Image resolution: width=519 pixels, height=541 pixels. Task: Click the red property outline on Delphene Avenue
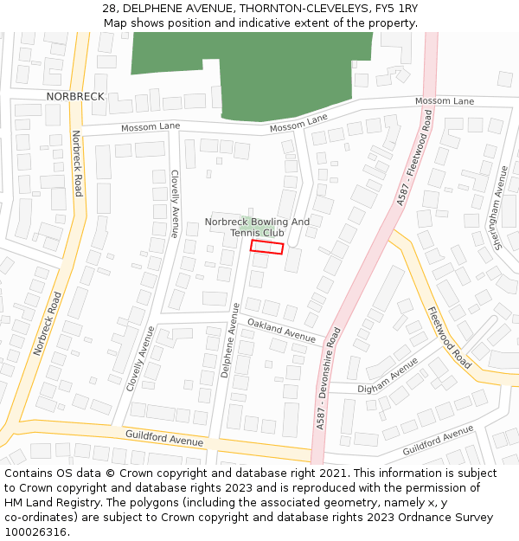267,248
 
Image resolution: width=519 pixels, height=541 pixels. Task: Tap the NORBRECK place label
75,96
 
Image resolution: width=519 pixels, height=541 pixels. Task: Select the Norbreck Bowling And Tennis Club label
257,227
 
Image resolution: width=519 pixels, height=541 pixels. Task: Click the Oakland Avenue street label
281,329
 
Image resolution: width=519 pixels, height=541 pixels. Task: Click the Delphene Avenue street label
229,339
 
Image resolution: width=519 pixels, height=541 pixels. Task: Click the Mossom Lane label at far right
445,101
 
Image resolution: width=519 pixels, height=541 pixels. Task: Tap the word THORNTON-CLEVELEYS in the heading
295,9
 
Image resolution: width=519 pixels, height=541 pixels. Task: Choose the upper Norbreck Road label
77,163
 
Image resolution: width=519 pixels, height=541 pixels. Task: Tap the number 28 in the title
109,9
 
